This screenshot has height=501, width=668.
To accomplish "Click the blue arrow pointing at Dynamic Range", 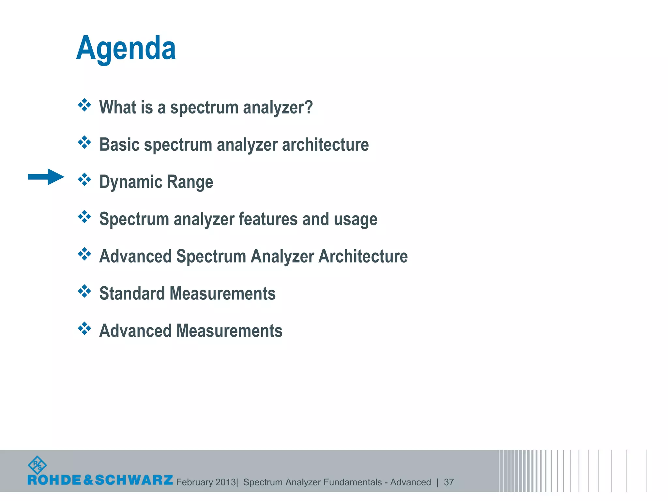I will point(46,177).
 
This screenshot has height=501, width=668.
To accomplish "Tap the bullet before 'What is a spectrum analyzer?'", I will point(84,105).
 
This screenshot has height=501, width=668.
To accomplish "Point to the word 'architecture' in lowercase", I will point(325,144).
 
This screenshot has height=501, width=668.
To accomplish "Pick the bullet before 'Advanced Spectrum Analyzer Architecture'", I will point(84,254).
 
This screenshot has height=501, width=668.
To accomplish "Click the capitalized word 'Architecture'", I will point(363,256).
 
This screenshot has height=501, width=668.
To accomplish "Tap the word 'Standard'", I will point(132,293).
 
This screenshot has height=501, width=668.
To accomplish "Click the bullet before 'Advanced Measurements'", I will point(84,328).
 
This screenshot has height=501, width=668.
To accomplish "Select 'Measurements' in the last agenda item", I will point(229,330).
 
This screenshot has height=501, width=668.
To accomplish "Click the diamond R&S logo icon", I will point(37,465).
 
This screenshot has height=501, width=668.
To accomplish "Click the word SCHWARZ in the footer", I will point(134,480).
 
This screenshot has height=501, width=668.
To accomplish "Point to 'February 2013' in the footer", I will point(206,482).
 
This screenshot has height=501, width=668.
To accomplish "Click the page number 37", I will point(449,482).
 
